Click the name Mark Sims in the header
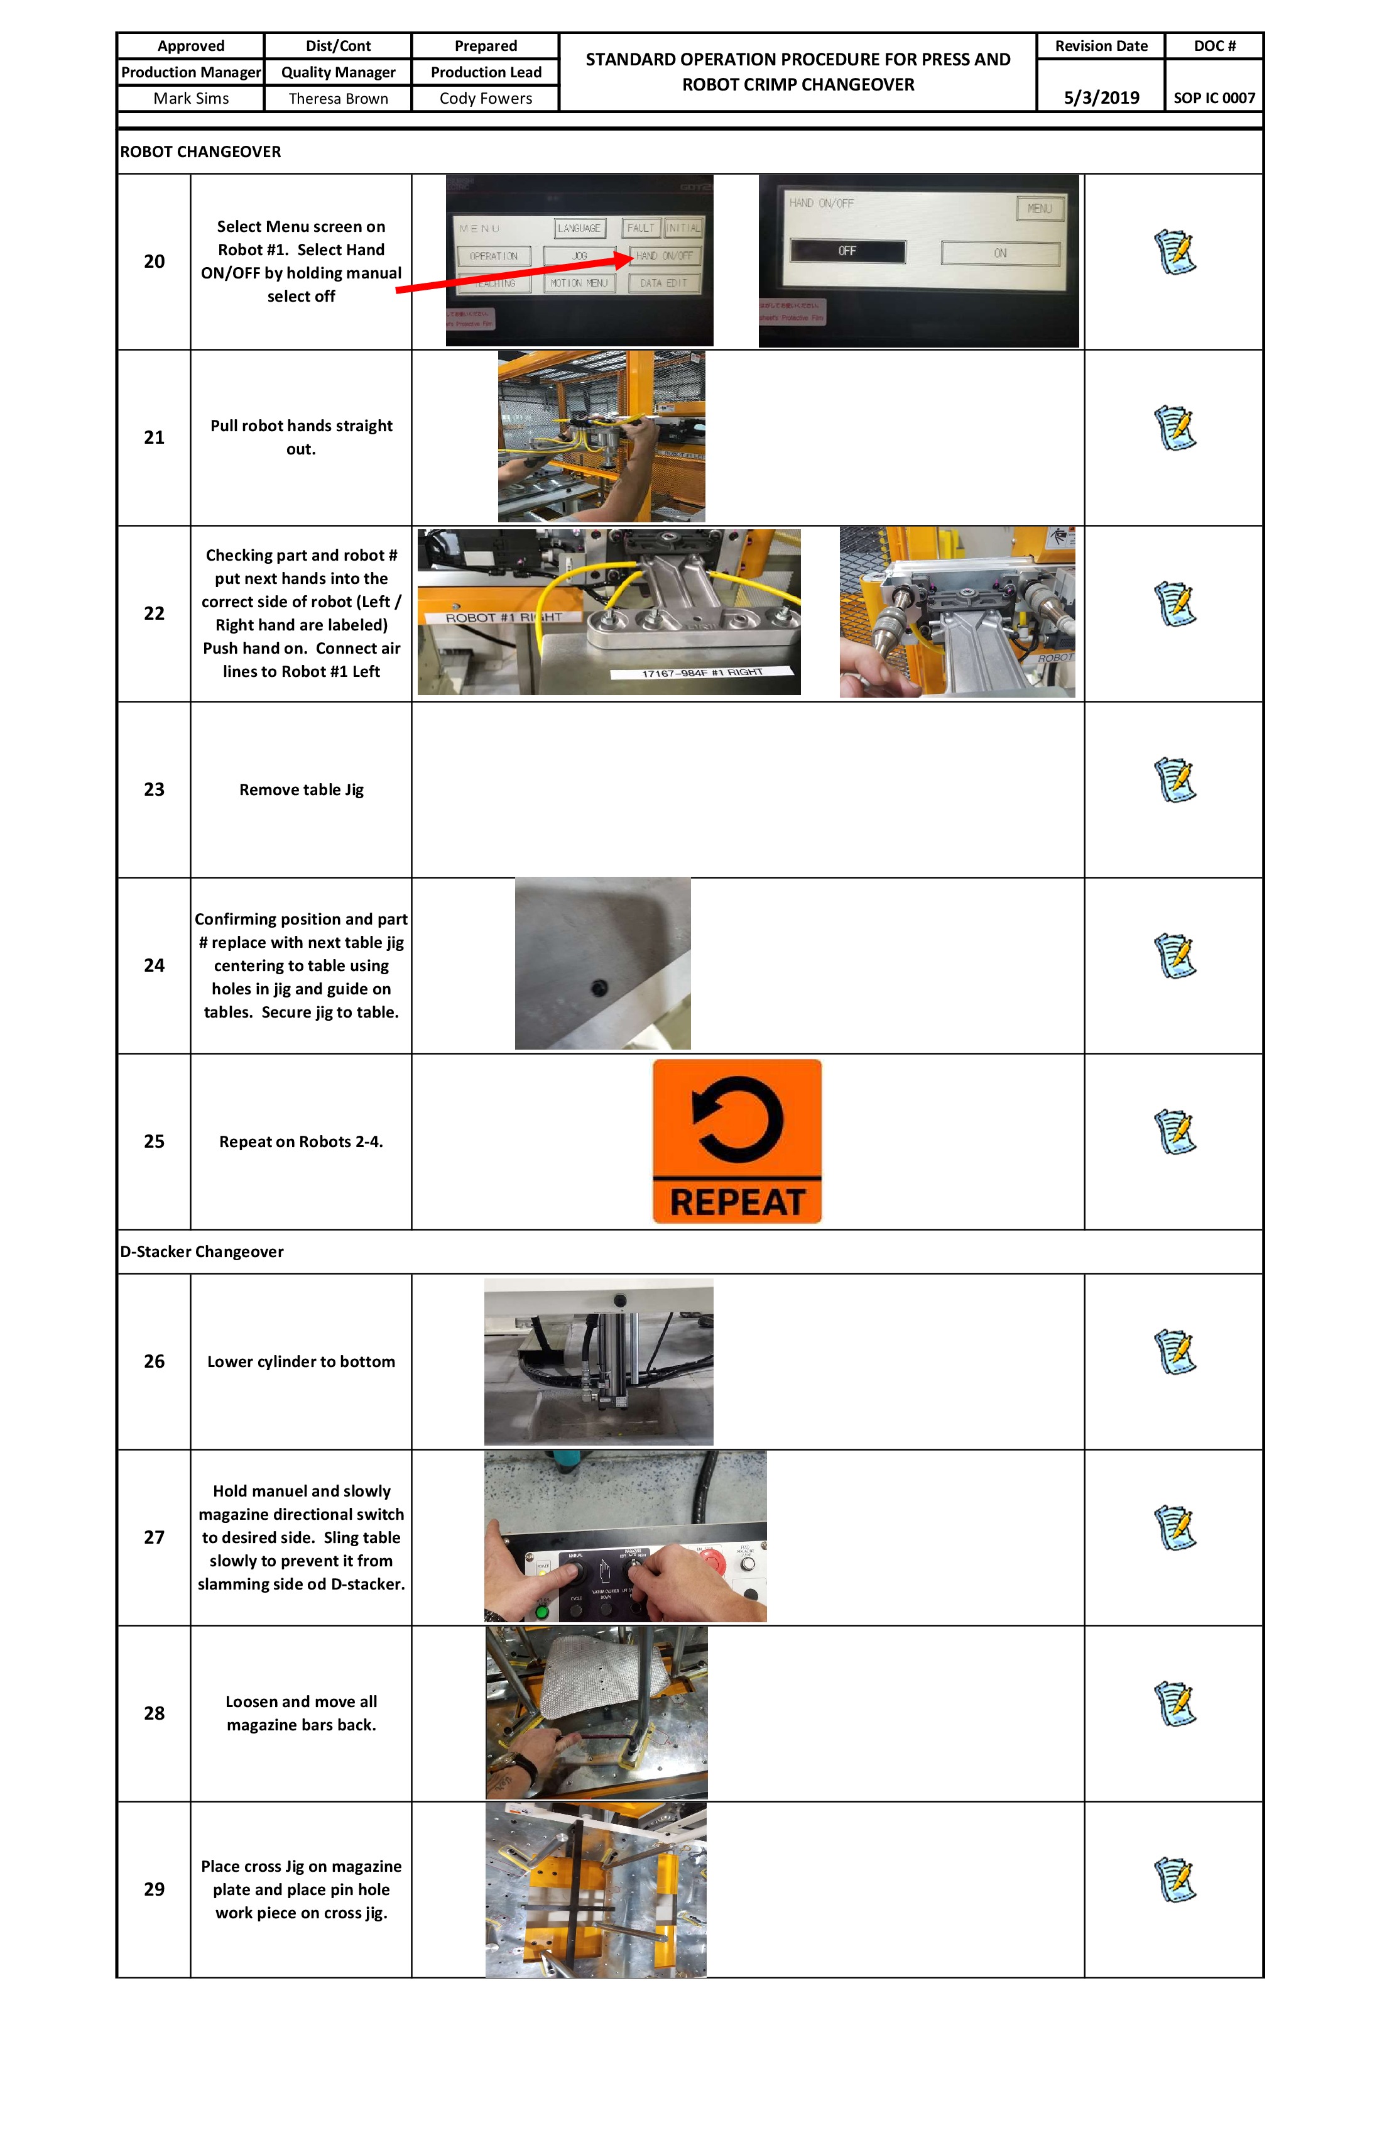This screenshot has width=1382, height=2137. coord(190,98)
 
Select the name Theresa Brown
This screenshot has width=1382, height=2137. coord(339,98)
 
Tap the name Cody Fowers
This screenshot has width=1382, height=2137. coord(486,98)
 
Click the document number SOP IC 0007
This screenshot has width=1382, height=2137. coord(1214,98)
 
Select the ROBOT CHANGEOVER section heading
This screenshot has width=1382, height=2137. coord(200,151)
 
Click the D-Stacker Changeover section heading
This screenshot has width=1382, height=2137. coord(202,1251)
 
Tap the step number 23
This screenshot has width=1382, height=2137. coord(155,789)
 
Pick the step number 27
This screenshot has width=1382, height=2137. coord(155,1537)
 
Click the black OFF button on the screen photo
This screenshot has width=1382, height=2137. coord(847,251)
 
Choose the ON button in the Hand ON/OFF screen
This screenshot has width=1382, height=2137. coord(999,253)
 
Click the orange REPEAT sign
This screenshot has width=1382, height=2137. coord(737,1141)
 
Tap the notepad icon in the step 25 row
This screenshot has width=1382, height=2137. coord(1175,1132)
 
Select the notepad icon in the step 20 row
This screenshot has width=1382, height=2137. coord(1175,252)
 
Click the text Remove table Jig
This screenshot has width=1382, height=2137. coord(301,789)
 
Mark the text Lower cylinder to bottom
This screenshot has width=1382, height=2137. coord(301,1361)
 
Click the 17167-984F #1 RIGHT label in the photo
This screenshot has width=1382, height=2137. coord(702,673)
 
